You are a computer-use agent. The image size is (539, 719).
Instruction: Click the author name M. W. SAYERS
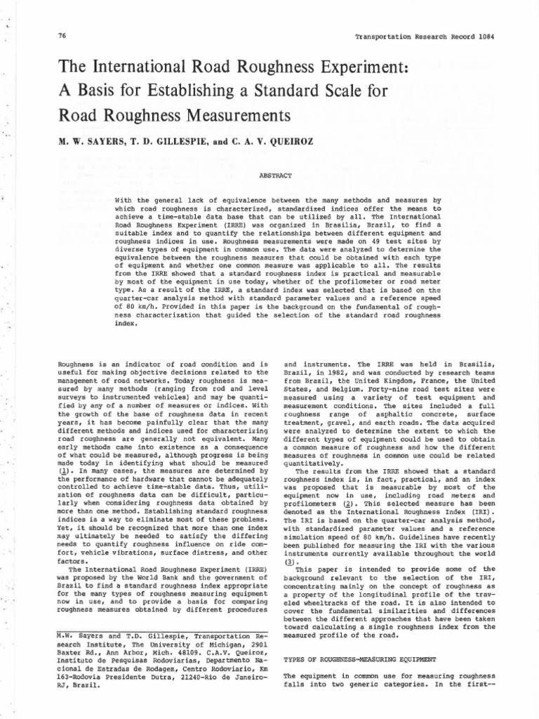pyautogui.click(x=87, y=141)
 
